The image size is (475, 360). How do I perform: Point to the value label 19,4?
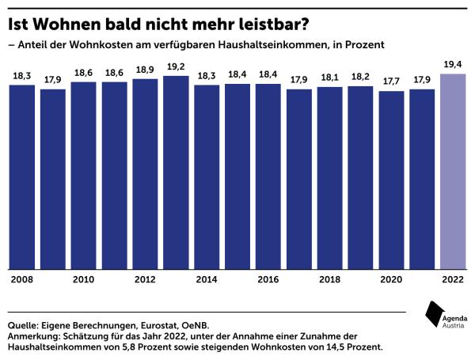(452, 65)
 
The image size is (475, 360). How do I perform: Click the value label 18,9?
(145, 70)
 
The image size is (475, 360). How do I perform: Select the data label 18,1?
(329, 78)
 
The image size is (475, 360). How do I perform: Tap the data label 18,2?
(360, 77)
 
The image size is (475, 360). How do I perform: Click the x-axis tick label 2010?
(83, 279)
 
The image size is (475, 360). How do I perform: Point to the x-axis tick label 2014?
(206, 279)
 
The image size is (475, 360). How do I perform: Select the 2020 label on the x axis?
(391, 279)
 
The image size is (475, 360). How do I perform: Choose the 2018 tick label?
(329, 279)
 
